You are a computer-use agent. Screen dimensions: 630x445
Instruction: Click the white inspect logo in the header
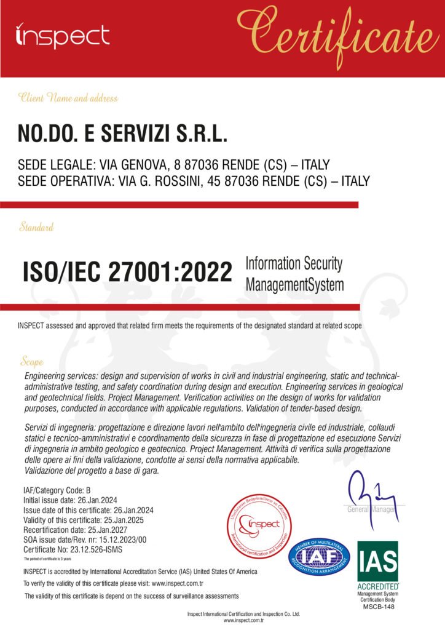pyautogui.click(x=62, y=36)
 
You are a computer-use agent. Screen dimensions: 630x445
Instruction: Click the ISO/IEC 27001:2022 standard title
pyautogui.click(x=127, y=271)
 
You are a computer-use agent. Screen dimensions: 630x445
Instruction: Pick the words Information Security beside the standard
pyautogui.click(x=294, y=264)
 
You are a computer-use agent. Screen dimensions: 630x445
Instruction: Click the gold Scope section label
pyautogui.click(x=31, y=361)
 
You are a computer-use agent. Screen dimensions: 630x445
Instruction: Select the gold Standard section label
pyautogui.click(x=36, y=227)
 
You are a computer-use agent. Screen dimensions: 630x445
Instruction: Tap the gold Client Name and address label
pyautogui.click(x=68, y=98)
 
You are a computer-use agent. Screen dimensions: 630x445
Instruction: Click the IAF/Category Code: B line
pyautogui.click(x=57, y=490)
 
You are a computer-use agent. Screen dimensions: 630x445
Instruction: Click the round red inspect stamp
pyautogui.click(x=258, y=525)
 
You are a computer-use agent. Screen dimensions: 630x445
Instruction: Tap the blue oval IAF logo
pyautogui.click(x=319, y=556)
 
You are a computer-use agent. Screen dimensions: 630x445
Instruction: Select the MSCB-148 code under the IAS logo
pyautogui.click(x=377, y=606)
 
